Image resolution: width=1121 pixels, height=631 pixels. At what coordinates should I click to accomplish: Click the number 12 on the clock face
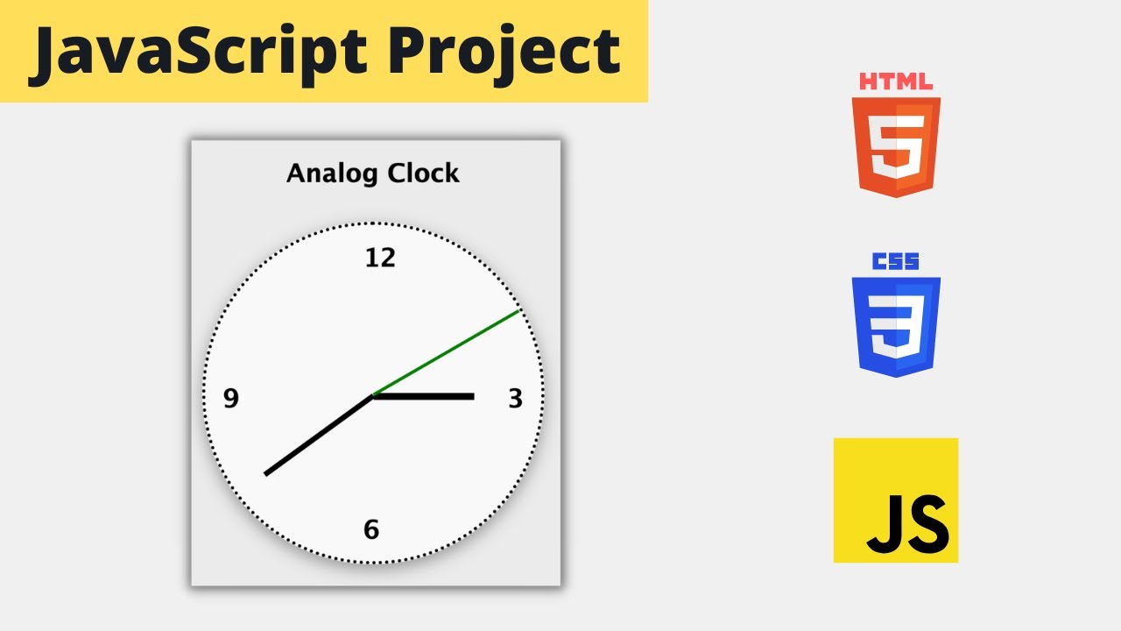point(380,258)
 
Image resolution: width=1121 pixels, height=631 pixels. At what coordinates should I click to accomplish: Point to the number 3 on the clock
point(515,399)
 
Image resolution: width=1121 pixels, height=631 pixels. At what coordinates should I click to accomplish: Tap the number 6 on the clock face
point(371,529)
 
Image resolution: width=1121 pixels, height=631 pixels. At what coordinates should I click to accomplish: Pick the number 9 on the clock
point(230,399)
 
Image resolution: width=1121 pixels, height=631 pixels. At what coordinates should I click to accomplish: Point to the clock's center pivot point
point(374,396)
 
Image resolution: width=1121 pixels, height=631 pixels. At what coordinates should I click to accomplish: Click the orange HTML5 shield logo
point(896,146)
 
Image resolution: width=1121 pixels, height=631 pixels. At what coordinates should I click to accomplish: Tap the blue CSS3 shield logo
point(896,326)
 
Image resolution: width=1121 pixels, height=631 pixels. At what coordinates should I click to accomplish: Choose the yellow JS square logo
point(896,500)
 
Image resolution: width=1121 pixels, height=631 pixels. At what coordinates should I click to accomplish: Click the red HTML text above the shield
point(896,82)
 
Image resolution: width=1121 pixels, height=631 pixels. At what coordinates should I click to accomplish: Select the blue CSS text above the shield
point(896,262)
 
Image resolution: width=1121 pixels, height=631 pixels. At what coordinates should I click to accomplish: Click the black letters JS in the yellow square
point(907,524)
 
